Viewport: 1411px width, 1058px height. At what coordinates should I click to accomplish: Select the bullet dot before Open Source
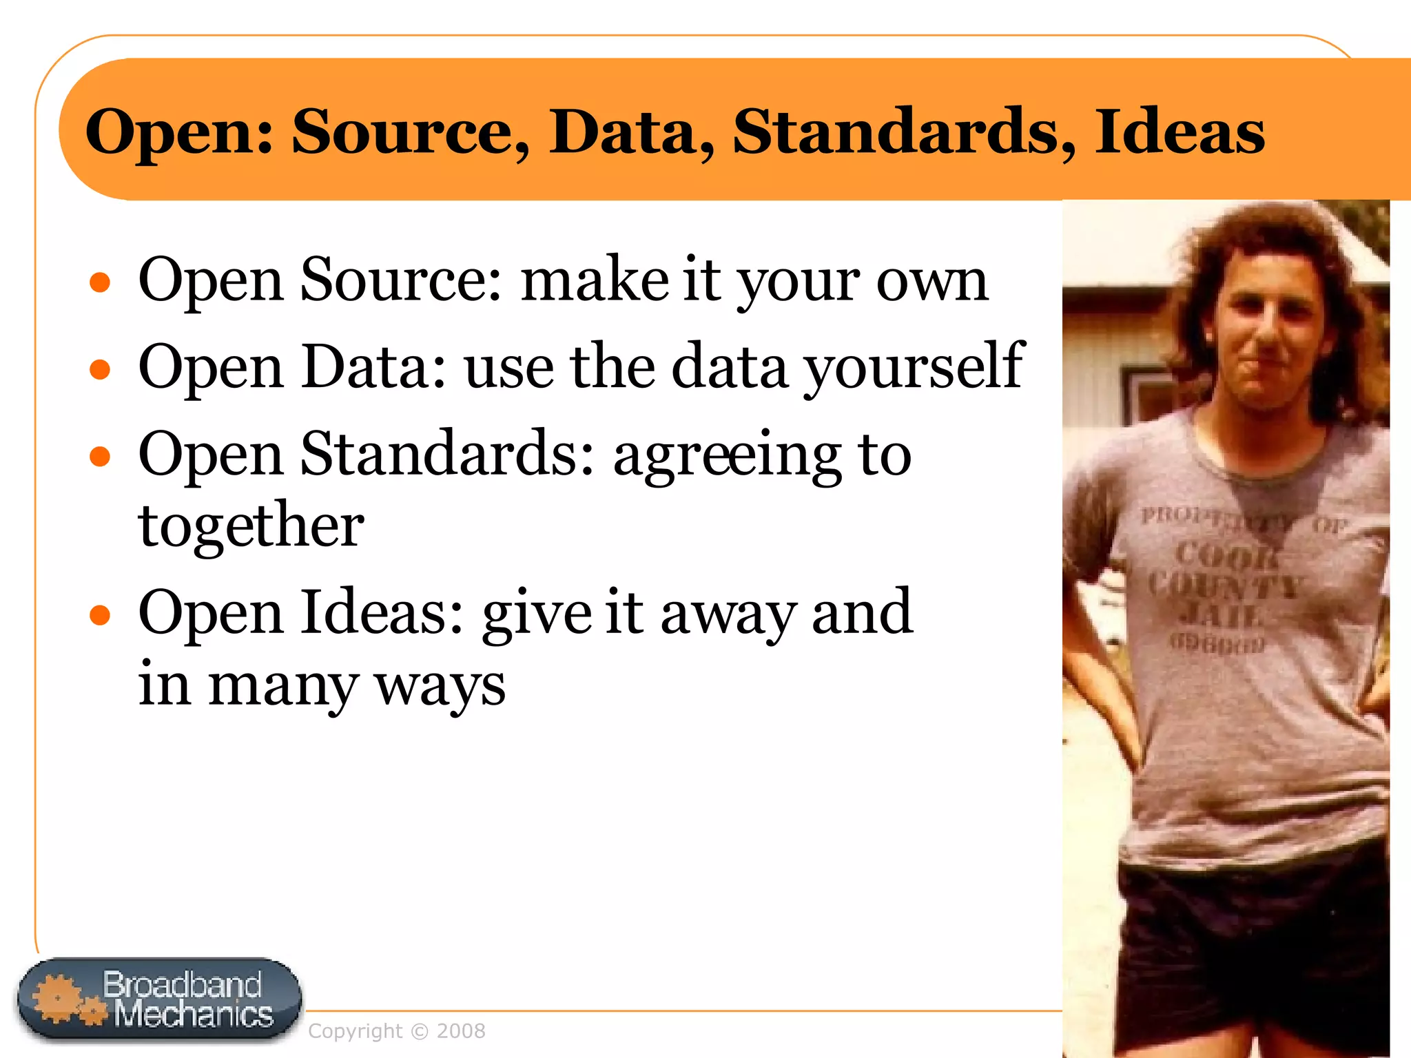(101, 282)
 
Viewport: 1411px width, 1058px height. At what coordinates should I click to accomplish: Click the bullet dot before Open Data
(101, 369)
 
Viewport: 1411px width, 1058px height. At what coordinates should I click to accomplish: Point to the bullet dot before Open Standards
(101, 456)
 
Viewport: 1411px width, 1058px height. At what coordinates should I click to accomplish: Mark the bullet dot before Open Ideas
(101, 614)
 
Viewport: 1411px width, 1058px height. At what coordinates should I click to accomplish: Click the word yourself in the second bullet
(914, 368)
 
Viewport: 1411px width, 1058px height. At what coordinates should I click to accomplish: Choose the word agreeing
(726, 456)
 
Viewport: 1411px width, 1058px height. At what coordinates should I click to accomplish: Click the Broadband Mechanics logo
(159, 1000)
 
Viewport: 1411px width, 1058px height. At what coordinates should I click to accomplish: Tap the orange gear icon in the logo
(59, 998)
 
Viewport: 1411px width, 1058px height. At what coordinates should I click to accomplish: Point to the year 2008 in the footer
(461, 1031)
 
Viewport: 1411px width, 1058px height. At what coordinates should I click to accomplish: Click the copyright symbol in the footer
(419, 1032)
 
